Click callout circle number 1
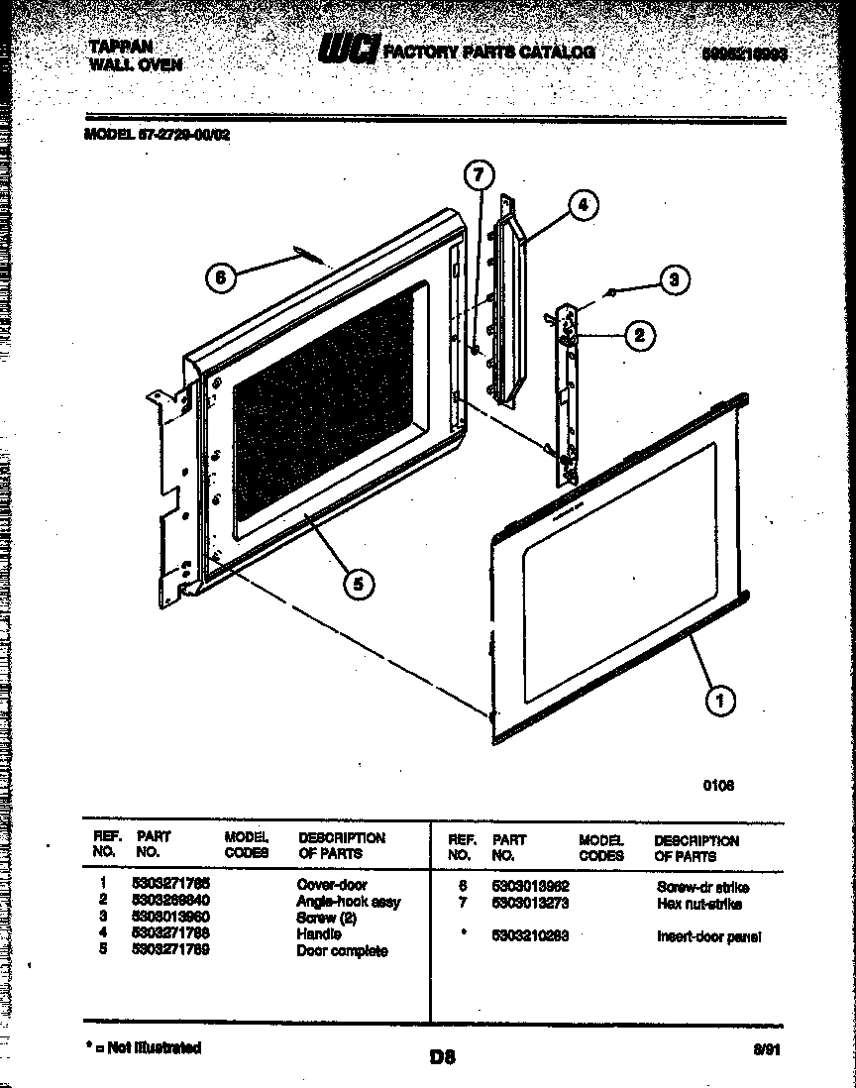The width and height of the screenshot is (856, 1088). [x=719, y=702]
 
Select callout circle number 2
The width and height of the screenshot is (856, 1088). [x=639, y=336]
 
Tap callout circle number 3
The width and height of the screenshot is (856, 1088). [x=674, y=280]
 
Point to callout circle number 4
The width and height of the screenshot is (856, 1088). [x=583, y=205]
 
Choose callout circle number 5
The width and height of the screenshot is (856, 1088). [x=358, y=585]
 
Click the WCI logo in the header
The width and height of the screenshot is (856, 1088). [x=348, y=51]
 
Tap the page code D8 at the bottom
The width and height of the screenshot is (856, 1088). [x=441, y=1056]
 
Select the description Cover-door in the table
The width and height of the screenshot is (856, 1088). [x=332, y=884]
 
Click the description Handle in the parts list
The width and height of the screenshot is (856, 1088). [x=318, y=933]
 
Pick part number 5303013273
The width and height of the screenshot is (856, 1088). [x=530, y=904]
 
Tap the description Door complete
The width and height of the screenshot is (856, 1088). [x=342, y=950]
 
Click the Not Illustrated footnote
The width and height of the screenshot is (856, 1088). [x=144, y=1047]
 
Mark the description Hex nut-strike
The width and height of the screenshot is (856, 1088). [x=698, y=904]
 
